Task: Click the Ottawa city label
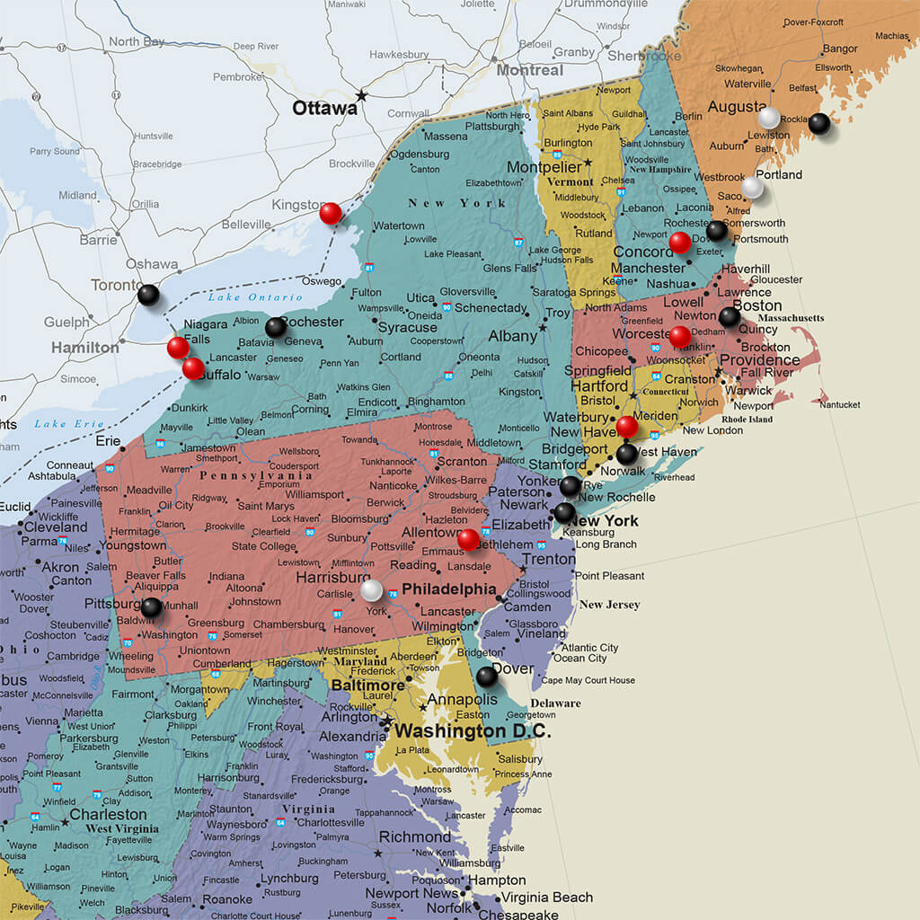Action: (324, 109)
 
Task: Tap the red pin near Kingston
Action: (331, 213)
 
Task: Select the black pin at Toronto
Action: (148, 294)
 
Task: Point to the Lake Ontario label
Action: (243, 297)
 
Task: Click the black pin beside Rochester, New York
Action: (276, 327)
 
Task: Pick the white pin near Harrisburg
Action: (371, 589)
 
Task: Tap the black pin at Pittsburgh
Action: (151, 607)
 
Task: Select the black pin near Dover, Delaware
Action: (486, 676)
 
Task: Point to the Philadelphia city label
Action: (448, 589)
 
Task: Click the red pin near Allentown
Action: (468, 539)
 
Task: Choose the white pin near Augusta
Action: (769, 118)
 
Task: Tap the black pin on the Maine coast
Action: (818, 123)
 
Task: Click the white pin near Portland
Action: (753, 187)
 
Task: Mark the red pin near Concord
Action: (680, 243)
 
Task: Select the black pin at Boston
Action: (730, 316)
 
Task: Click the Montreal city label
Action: (529, 70)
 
